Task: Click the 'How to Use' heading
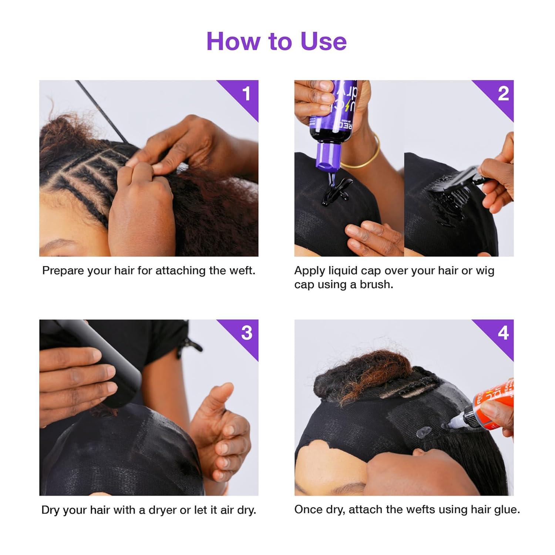[x=276, y=41]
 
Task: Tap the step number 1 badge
[x=246, y=94]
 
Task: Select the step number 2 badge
[x=502, y=94]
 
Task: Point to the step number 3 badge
[x=246, y=333]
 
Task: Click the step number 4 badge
[x=503, y=333]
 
